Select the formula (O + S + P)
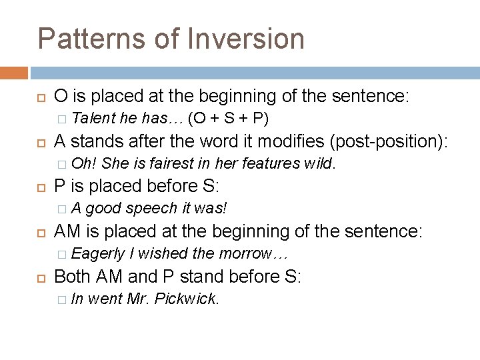(x=229, y=119)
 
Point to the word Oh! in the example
(x=84, y=163)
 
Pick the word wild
(x=319, y=163)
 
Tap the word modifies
(x=279, y=141)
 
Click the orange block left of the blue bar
(x=14, y=73)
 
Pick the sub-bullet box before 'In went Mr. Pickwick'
(x=62, y=299)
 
